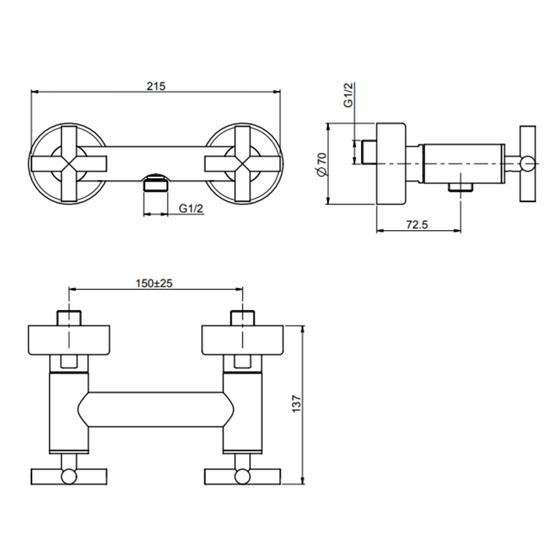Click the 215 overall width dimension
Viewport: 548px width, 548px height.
(x=156, y=86)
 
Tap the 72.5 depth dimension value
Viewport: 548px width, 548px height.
(x=417, y=225)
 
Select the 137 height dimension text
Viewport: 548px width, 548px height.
(x=296, y=404)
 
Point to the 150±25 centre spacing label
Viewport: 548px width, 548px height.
(x=154, y=283)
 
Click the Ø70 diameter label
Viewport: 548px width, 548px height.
(x=321, y=164)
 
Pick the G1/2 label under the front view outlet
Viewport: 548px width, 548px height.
(x=191, y=208)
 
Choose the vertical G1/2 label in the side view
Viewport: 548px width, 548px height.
(x=349, y=95)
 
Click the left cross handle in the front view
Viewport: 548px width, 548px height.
(x=69, y=164)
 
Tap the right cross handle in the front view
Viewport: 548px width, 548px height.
(x=243, y=164)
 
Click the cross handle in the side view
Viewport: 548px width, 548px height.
(x=528, y=164)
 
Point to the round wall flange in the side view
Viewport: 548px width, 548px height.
(x=391, y=164)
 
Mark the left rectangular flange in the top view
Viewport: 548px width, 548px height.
(x=69, y=340)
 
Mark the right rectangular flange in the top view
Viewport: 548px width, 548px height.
(x=243, y=340)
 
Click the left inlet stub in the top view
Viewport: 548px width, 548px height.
(x=69, y=318)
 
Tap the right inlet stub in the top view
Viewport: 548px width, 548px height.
(x=243, y=318)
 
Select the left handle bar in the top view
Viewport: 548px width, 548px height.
(x=69, y=477)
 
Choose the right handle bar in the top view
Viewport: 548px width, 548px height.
(x=243, y=477)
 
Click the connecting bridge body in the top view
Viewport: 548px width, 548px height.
(x=156, y=409)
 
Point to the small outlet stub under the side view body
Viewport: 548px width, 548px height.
(x=460, y=188)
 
